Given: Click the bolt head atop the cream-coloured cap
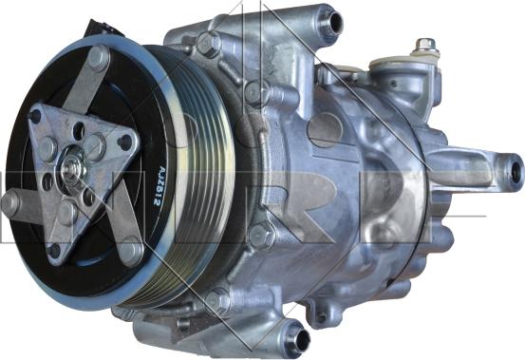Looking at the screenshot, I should pos(426,45).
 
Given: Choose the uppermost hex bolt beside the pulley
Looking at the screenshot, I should pos(208,43).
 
